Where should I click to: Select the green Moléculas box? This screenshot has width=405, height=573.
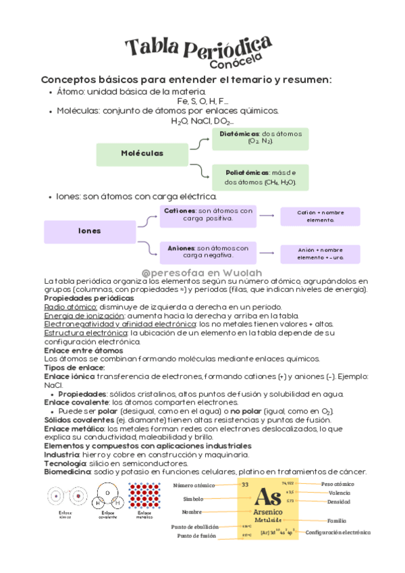(142, 153)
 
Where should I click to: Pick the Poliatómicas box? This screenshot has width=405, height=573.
(260, 178)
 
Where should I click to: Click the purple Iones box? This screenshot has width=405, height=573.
(89, 231)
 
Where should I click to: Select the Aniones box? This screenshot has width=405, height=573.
(208, 251)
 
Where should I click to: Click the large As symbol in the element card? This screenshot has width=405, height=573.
(268, 499)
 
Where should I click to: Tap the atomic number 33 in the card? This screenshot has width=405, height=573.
(245, 484)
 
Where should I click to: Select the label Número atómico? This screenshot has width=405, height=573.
(194, 485)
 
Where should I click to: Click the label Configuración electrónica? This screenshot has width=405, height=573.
(337, 532)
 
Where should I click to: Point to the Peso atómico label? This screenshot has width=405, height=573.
(337, 484)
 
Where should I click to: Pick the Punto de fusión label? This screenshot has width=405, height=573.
(196, 536)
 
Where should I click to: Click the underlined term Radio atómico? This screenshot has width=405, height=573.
(65, 306)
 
